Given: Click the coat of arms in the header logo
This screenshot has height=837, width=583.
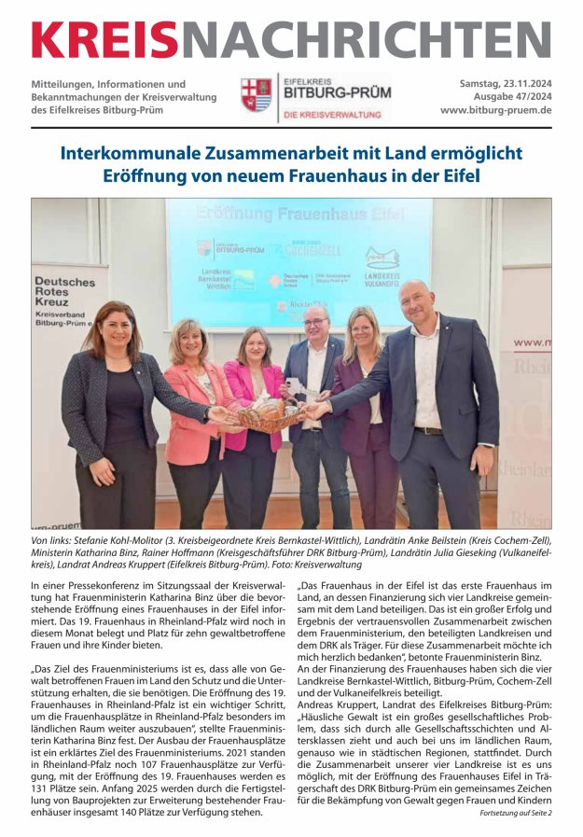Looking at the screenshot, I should click(x=256, y=96).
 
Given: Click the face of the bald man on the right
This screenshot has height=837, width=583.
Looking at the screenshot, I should click(x=416, y=302).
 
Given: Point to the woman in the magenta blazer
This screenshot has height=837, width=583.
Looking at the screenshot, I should click(x=253, y=401).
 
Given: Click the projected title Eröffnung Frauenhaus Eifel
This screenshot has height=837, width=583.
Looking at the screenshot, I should click(x=299, y=213).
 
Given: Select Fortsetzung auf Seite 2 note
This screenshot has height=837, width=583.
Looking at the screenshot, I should click(x=515, y=813).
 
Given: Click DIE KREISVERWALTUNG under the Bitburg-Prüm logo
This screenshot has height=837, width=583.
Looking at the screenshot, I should click(x=332, y=115).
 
